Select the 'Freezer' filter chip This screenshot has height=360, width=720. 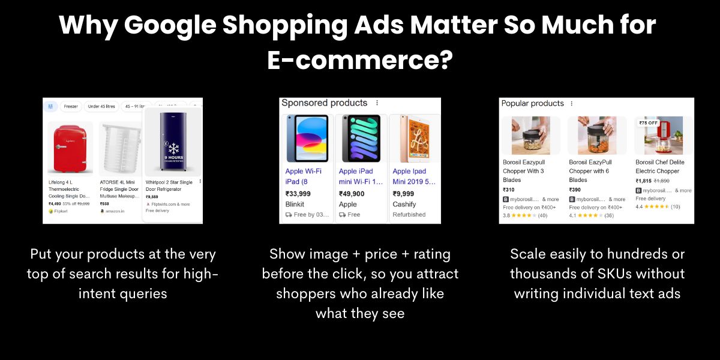tap(71, 106)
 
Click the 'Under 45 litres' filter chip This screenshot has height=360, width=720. tap(101, 106)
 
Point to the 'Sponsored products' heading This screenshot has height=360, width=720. tap(324, 103)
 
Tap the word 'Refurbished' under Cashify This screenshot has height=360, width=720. tap(409, 214)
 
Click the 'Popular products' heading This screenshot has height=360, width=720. tap(532, 103)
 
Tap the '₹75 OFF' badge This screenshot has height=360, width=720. tap(648, 123)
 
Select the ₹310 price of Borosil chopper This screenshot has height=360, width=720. tap(509, 190)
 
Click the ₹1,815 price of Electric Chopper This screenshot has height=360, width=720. tap(643, 181)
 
